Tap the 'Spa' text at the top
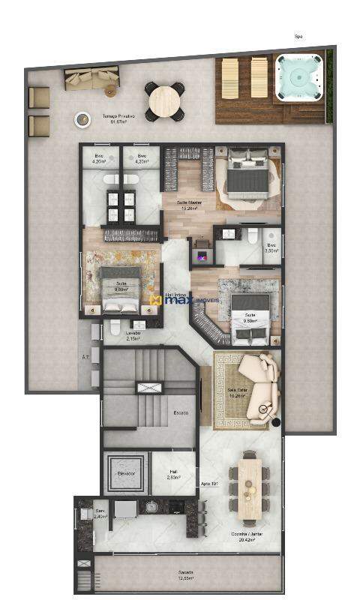coord(298,36)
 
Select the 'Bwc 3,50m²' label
coord(271,247)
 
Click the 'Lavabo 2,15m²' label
coord(134,335)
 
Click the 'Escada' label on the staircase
coord(181,412)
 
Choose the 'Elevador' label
coord(126,474)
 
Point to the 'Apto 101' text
coord(210,484)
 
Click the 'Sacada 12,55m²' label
coord(185,574)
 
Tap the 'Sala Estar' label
coord(237,393)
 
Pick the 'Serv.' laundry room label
coord(100,513)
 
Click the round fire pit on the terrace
coord(80,118)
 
